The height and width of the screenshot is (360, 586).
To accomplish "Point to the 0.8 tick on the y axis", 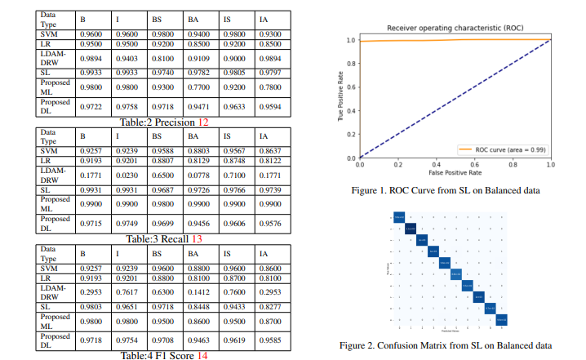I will [352, 63].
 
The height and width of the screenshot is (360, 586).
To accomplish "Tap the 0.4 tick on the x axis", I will [437, 164].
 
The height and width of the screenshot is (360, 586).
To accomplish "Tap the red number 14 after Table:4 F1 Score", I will [202, 355].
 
